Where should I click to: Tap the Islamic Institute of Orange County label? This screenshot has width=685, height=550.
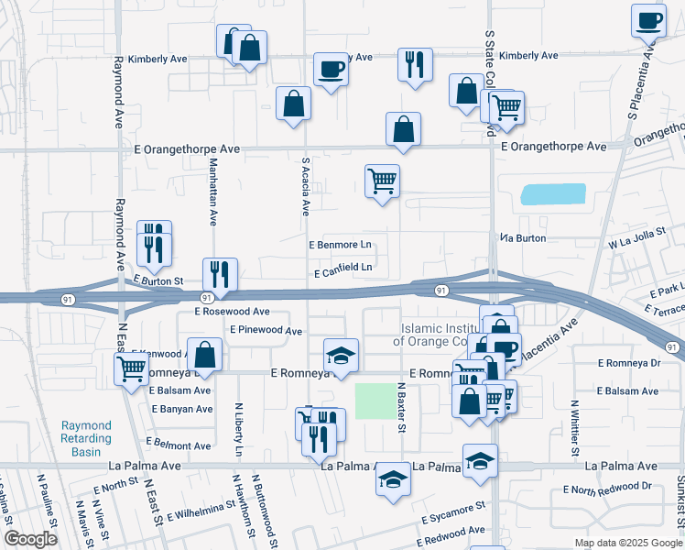[439, 335]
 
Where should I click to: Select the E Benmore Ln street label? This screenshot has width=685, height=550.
[340, 246]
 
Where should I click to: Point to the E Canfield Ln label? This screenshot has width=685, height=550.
[342, 269]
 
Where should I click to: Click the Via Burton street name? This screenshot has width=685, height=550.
[523, 238]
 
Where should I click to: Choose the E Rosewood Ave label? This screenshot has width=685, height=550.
[232, 312]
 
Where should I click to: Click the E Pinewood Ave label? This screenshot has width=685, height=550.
[266, 330]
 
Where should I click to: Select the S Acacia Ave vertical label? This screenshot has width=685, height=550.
[306, 186]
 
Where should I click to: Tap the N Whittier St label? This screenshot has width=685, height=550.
[575, 427]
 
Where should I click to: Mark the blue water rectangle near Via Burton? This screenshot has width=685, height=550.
[552, 194]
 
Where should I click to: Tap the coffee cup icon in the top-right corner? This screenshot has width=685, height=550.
[648, 20]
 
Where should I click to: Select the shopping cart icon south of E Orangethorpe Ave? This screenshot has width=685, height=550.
[382, 180]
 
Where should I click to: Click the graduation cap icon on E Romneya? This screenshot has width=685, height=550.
[341, 355]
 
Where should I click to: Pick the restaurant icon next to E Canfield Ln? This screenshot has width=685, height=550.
[220, 272]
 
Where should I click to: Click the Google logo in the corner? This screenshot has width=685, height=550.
[31, 539]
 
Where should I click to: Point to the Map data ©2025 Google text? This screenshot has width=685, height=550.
[627, 542]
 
